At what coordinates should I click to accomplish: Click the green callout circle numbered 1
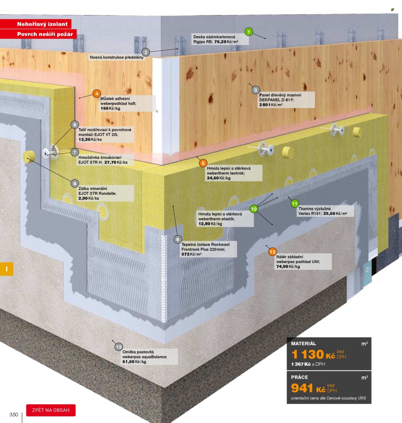[249, 32]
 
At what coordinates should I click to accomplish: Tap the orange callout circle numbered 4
[97, 94]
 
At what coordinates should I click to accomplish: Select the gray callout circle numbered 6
[178, 239]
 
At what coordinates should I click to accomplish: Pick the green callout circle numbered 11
[295, 203]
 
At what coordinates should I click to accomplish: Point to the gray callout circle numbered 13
[119, 347]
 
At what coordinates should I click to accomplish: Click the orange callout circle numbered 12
[272, 252]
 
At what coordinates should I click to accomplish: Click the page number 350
[14, 415]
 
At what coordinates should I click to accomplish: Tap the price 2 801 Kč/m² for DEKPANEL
[271, 105]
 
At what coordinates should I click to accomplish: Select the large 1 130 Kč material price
[313, 354]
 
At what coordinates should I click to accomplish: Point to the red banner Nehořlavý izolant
[35, 24]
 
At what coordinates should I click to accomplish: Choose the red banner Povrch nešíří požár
[38, 34]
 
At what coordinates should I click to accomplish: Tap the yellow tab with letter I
[7, 269]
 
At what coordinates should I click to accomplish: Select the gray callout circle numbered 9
[75, 184]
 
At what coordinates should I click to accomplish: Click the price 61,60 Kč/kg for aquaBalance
[134, 362]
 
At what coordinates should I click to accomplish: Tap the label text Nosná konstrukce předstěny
[116, 58]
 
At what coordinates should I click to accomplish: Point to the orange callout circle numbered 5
[203, 163]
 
